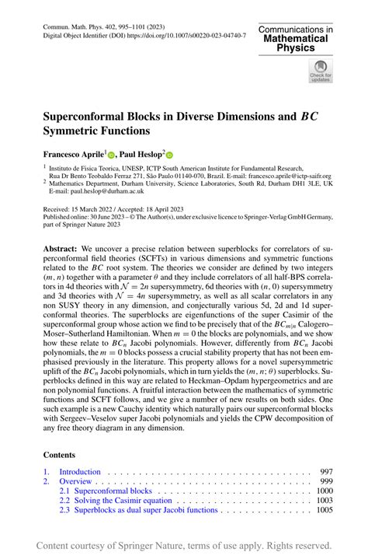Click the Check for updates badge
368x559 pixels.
(x=320, y=72)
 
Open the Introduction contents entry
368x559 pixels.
(x=80, y=471)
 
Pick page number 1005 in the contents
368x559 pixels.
(x=324, y=511)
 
